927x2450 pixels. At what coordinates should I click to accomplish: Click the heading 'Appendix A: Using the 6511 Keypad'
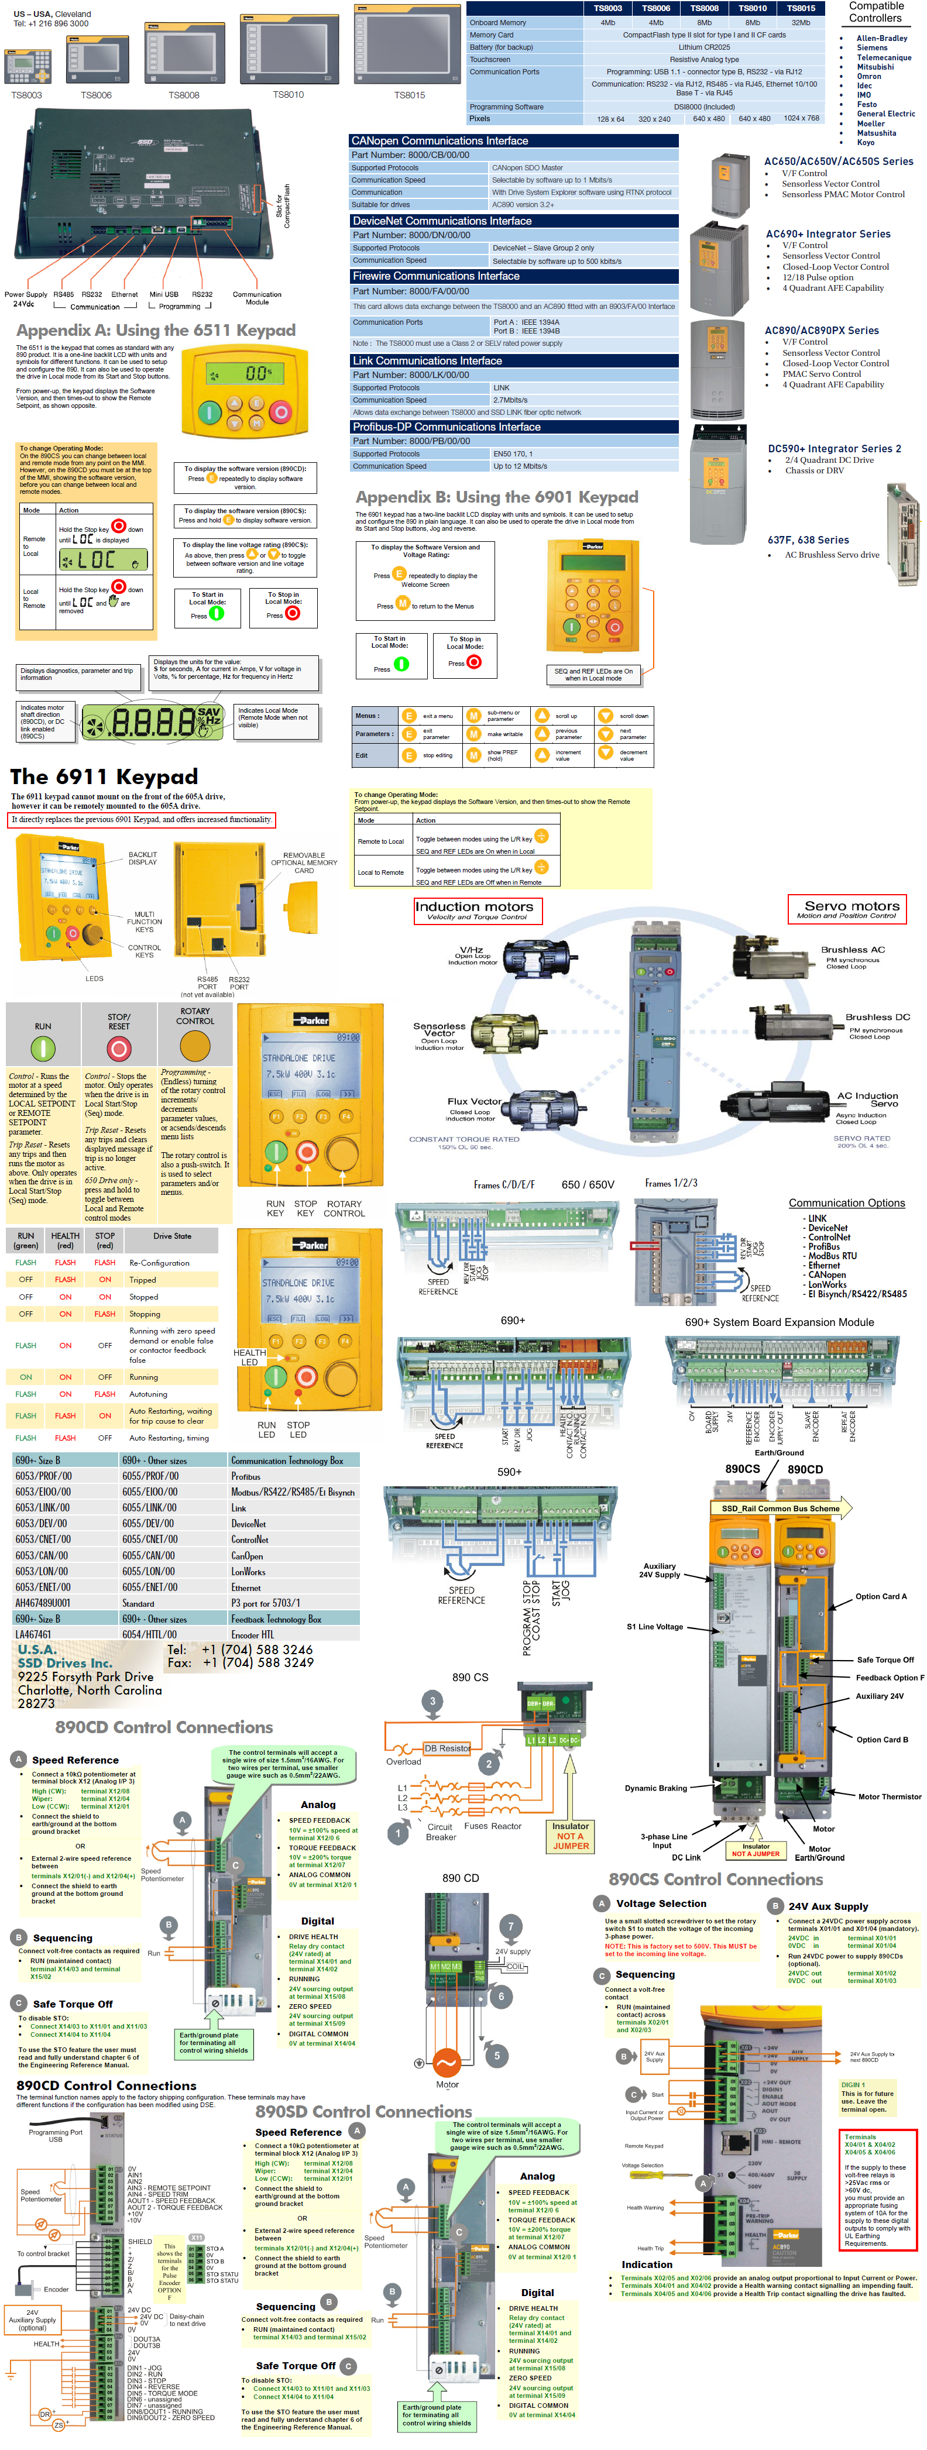156,330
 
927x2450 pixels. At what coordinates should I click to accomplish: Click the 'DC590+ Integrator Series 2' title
834,449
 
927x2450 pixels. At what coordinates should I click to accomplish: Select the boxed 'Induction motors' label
475,909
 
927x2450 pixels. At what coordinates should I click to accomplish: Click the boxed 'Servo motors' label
846,908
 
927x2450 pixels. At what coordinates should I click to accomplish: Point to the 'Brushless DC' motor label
877,1017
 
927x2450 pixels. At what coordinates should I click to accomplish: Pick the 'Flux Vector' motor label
473,1101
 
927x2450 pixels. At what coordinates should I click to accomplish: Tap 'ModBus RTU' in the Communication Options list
832,1256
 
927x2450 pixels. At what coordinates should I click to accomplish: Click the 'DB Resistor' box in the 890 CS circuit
446,1748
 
